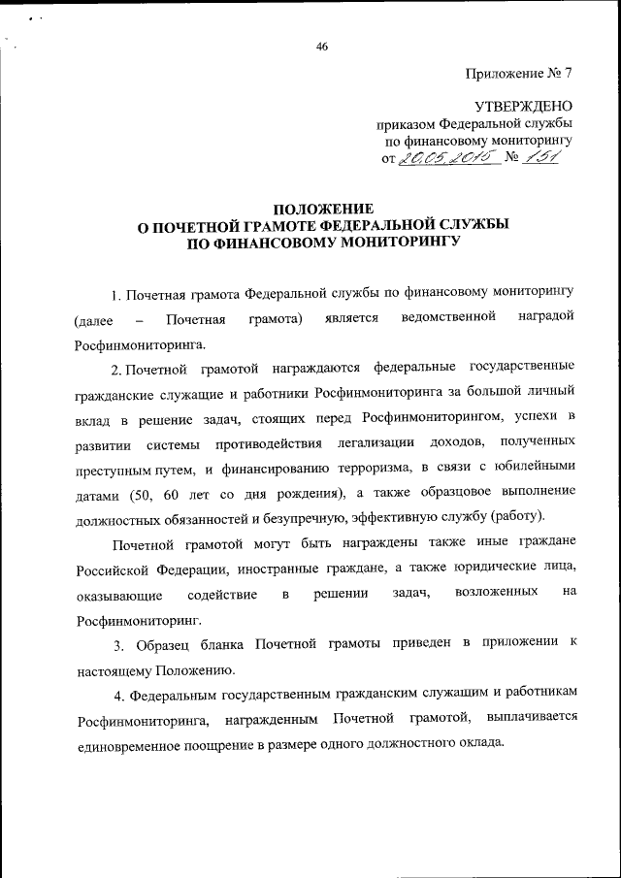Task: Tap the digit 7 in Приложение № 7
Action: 569,74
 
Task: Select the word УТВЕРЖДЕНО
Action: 523,106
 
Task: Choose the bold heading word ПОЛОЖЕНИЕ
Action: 321,208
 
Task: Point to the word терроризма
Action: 360,468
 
